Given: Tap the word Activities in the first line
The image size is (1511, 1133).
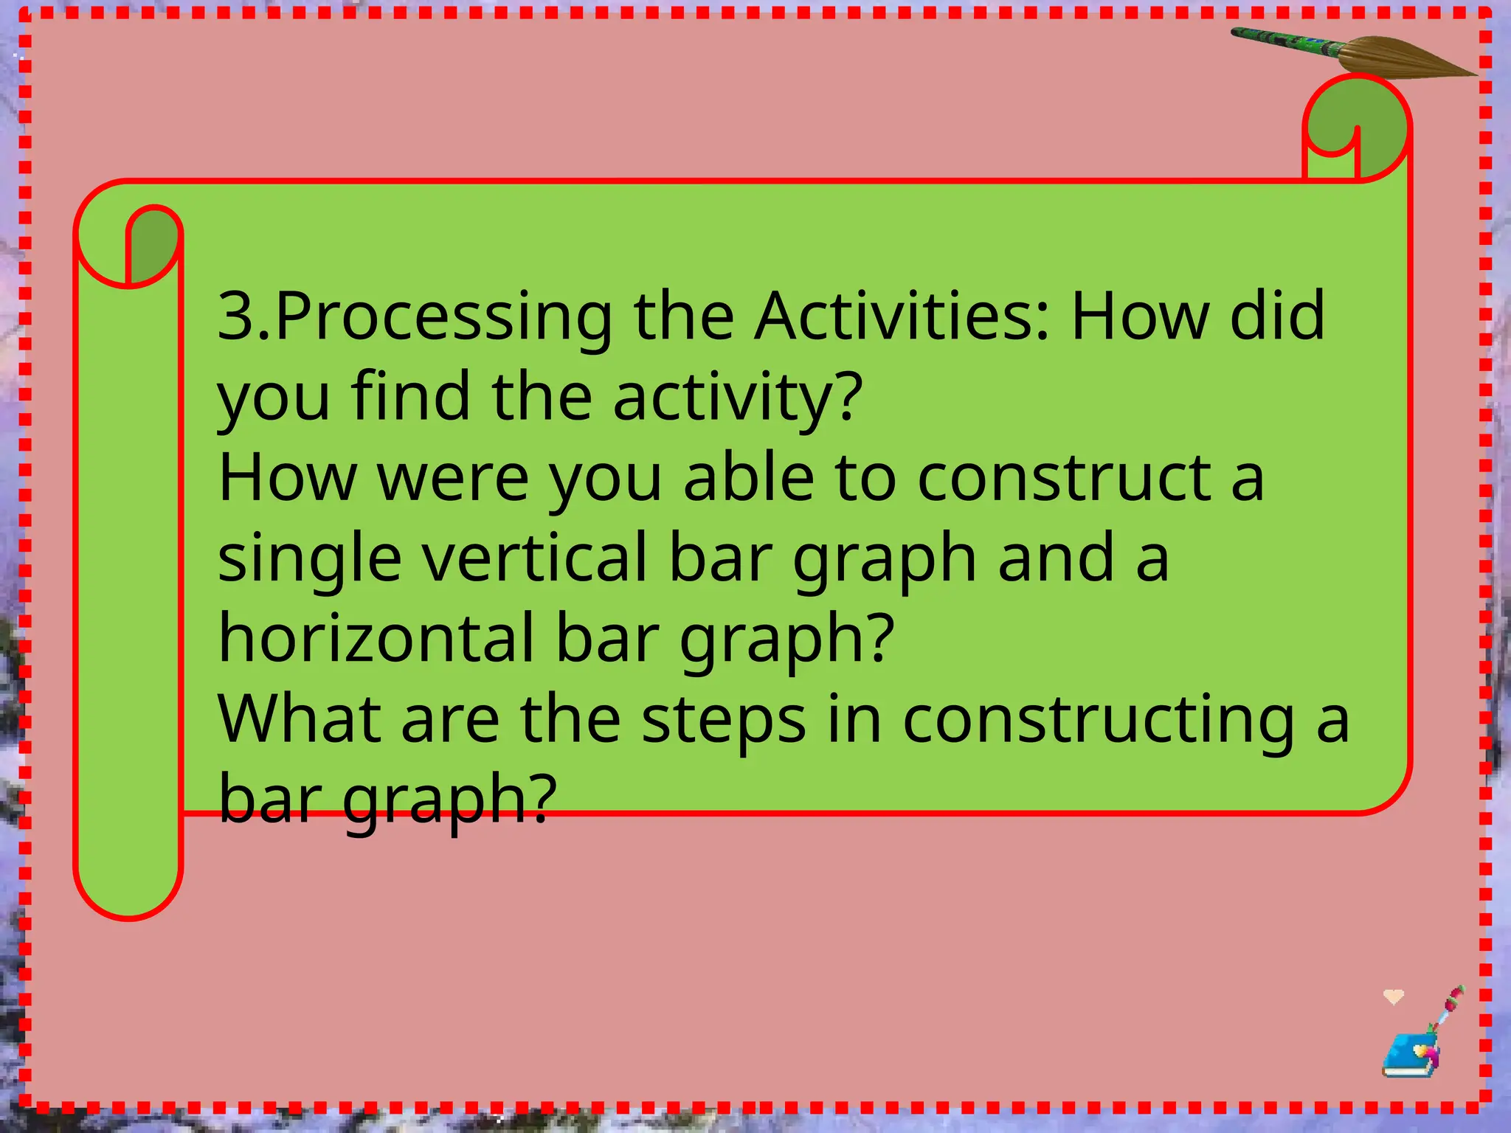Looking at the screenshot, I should click(x=901, y=316).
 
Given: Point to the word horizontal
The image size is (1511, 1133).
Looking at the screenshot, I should click(x=376, y=638).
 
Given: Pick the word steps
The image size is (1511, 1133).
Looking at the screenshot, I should click(x=722, y=721).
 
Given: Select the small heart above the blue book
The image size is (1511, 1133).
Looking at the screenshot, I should click(x=1393, y=997).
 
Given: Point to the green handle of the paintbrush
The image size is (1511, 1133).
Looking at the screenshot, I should click(x=1284, y=41).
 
